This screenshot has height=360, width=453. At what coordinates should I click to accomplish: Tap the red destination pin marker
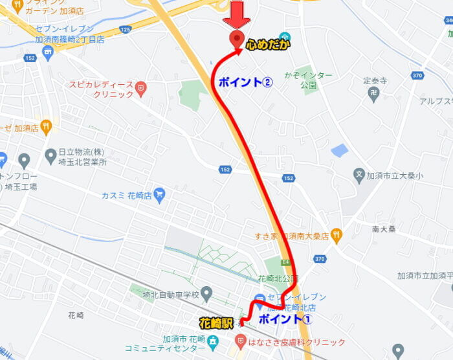coord(237,39)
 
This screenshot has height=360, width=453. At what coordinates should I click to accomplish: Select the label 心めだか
coord(268,44)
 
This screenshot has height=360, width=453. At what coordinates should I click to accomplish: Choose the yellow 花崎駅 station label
coord(215,322)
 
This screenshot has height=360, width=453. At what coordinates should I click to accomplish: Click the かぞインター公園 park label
coord(308,80)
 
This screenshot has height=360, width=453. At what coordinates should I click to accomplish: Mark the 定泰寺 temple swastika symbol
coord(373,93)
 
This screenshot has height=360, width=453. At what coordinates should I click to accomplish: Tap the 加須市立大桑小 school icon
coord(359,174)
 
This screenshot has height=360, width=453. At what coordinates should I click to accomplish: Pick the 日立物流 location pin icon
coord(50,155)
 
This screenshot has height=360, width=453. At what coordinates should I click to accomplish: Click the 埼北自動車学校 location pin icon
coord(206,294)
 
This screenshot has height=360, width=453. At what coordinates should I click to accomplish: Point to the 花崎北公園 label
coord(276,279)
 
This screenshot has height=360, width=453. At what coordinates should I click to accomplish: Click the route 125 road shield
coord(125,29)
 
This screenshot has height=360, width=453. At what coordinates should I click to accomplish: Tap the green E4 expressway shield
coord(285,262)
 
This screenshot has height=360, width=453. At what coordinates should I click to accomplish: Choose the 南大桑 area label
coord(384,229)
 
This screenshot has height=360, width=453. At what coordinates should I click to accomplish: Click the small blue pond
coord(339,151)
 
